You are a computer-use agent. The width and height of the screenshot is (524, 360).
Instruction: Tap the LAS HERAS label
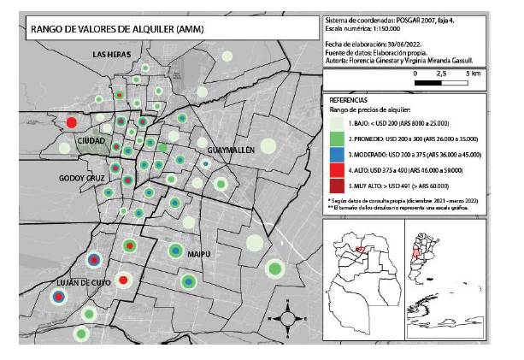(x=112, y=55)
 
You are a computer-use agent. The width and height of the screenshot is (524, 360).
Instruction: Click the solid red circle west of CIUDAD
(x=72, y=123)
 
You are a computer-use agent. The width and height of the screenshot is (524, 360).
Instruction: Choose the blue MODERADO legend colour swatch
(x=337, y=155)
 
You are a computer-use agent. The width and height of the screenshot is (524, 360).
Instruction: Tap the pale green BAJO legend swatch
(x=337, y=123)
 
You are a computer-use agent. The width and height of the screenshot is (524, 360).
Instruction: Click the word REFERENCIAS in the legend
(x=349, y=100)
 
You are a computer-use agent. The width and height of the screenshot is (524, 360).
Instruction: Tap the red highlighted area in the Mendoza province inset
(x=360, y=249)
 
